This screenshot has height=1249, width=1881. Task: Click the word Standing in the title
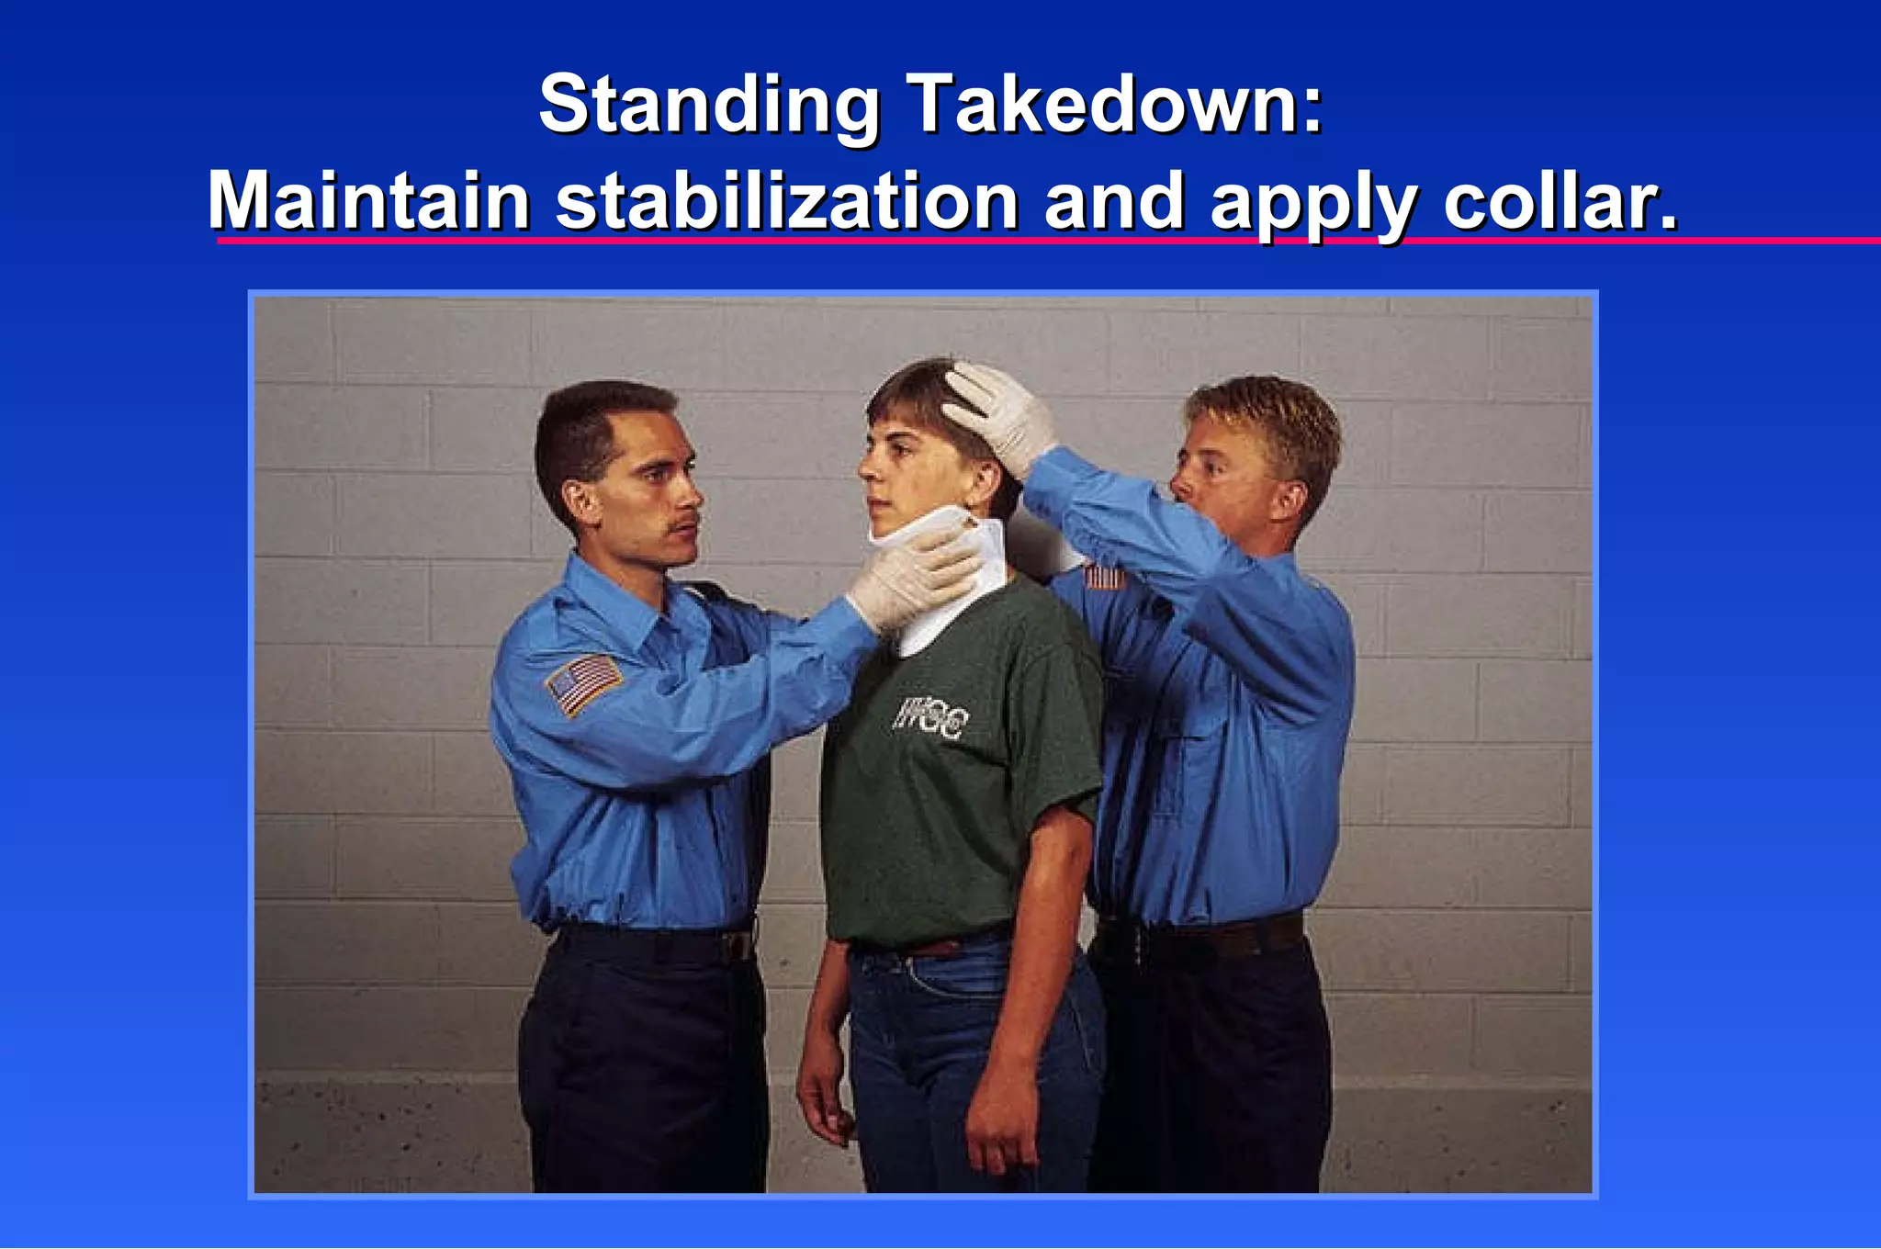pyautogui.click(x=708, y=106)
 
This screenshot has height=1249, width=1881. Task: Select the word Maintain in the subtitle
pyautogui.click(x=368, y=201)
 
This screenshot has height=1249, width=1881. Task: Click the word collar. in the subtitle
pyautogui.click(x=1560, y=201)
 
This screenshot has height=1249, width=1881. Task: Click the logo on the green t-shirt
pyautogui.click(x=930, y=717)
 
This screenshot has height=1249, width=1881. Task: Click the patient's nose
pyautogui.click(x=865, y=469)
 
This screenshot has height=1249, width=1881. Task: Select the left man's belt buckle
pyautogui.click(x=736, y=946)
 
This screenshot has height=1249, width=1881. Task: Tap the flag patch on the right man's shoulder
pyautogui.click(x=1103, y=578)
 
